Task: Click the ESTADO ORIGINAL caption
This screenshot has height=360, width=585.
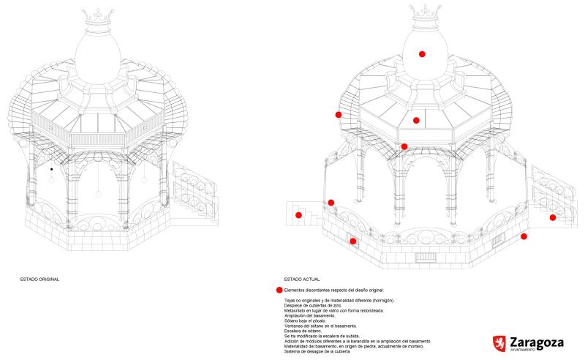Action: (x=39, y=280)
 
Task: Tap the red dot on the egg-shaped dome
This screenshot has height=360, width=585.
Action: (x=422, y=54)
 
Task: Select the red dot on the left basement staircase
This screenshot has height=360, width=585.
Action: (x=299, y=215)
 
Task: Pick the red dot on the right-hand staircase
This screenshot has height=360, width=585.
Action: (x=553, y=217)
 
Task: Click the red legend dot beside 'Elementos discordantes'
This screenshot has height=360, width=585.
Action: (x=279, y=290)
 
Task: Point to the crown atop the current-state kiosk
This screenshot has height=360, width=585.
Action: (x=422, y=12)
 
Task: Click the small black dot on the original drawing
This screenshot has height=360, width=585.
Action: (x=51, y=169)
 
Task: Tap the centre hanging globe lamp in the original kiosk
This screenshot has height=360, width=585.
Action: (x=97, y=194)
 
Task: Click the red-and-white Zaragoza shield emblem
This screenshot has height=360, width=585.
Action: (x=500, y=343)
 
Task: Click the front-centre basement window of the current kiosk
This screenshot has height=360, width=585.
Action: (x=424, y=257)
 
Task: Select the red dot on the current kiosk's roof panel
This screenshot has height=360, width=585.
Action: (x=416, y=120)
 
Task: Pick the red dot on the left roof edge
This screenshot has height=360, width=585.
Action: (x=339, y=115)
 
